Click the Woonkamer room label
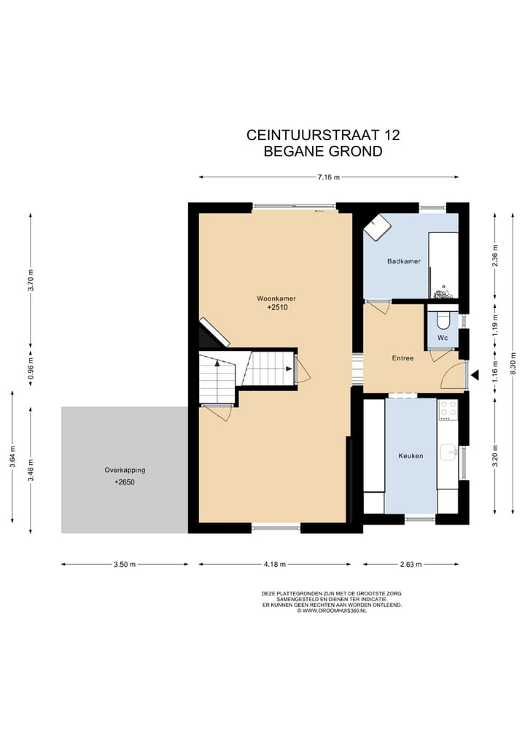276,298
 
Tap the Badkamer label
403,260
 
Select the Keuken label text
411,456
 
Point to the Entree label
402,358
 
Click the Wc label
443,339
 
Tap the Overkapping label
124,470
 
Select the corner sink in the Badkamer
377,227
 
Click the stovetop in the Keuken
447,413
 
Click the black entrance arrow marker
474,376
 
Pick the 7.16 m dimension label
329,177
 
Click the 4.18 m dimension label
273,564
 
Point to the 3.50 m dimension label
124,564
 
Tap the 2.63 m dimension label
411,564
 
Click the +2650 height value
124,483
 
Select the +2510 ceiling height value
278,308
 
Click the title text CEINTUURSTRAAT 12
323,135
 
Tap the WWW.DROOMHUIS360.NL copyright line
332,610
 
